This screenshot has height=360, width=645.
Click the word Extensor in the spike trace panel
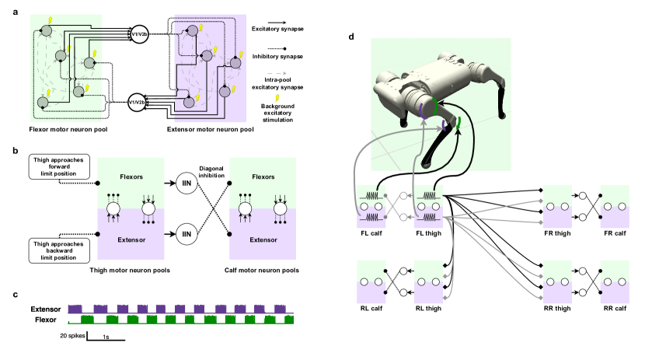46,309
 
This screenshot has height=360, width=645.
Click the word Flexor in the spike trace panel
46,320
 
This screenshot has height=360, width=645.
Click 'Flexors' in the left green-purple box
131,177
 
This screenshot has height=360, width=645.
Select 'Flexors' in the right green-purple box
263,177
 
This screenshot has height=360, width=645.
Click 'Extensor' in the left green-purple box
131,239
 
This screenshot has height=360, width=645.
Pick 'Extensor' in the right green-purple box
263,239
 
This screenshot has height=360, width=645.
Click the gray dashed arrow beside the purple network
277,74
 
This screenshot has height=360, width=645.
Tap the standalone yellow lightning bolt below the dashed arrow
277,98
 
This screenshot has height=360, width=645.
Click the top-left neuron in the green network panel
46,30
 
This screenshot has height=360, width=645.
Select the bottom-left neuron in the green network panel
43,102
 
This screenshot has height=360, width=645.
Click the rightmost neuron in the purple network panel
236,65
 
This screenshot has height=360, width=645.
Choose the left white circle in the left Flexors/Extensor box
113,208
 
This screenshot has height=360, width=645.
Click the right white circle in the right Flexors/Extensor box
281,208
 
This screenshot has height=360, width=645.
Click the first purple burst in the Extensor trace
75,309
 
